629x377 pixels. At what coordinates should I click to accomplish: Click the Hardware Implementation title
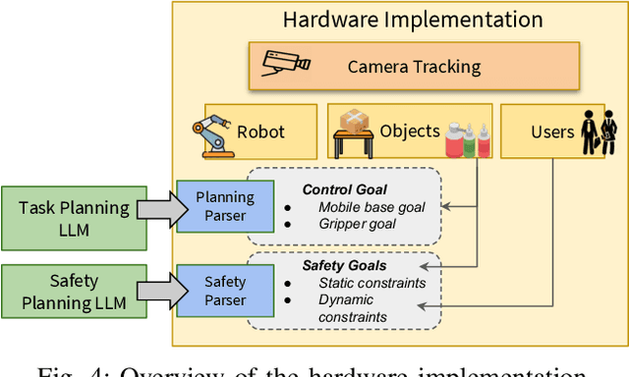coord(412,19)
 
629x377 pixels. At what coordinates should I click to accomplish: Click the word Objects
coord(410,131)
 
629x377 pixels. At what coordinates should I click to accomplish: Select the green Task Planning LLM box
coord(74,217)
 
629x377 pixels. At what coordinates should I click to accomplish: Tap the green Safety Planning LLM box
coord(74,292)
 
